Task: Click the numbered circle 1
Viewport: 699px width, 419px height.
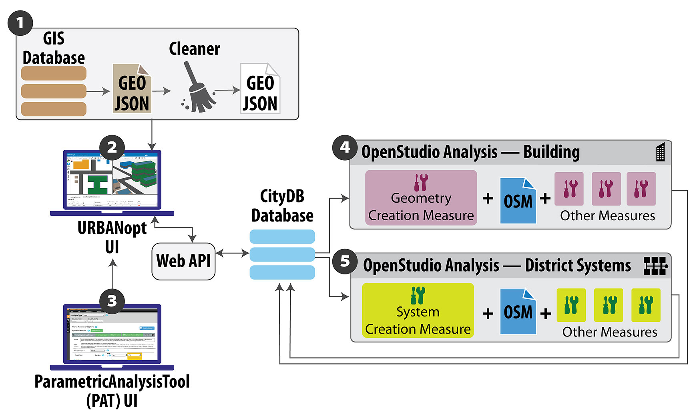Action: pos(20,23)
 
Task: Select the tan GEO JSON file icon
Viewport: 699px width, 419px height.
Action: pos(132,89)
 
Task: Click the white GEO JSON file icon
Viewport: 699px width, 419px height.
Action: pos(260,89)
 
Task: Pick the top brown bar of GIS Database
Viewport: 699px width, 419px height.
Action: pos(54,73)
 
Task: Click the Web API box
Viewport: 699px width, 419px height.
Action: pos(183,261)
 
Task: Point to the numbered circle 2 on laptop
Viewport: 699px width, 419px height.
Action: pos(112,147)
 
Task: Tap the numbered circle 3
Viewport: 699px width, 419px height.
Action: pos(112,300)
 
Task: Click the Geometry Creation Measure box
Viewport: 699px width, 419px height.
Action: pos(421,198)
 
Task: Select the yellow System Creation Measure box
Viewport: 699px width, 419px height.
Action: pos(418,310)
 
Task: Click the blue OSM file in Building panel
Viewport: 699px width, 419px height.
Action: pos(518,201)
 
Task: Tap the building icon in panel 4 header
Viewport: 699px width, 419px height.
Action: pos(661,152)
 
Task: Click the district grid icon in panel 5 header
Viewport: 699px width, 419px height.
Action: pos(655,266)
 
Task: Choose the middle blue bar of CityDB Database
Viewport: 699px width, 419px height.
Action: pos(282,254)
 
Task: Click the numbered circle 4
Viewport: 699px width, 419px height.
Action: pos(345,147)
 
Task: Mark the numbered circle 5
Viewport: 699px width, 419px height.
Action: pos(345,262)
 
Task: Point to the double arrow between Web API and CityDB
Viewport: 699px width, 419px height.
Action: pos(232,253)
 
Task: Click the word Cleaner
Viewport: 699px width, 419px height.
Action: pos(194,49)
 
